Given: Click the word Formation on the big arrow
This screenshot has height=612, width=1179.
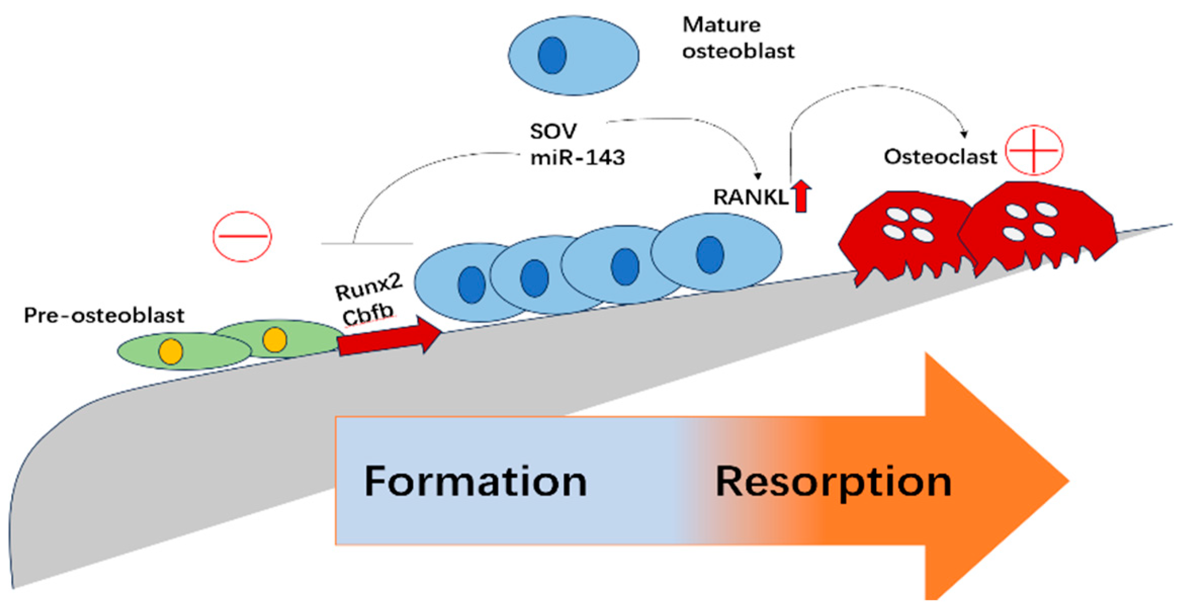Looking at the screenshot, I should [475, 482].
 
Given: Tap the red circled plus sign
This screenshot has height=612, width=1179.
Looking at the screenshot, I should [1034, 150].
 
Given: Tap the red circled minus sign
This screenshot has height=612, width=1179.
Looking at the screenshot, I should [242, 236].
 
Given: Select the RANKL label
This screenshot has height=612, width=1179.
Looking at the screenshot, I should [750, 197].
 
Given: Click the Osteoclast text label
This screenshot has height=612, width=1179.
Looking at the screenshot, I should [940, 157].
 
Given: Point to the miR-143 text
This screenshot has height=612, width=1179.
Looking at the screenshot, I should [577, 158].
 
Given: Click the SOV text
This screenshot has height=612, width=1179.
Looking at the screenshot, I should [553, 132].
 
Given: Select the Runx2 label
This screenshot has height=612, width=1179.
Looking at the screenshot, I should [368, 287].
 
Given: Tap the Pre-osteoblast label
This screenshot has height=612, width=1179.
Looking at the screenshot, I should [104, 316].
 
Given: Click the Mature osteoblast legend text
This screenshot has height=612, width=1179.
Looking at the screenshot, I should [737, 38].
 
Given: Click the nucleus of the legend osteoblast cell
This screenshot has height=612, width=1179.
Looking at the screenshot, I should [552, 55].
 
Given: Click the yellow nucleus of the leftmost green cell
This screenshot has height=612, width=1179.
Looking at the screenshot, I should [171, 351].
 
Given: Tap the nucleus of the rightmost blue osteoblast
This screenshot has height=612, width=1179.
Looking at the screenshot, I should [710, 255].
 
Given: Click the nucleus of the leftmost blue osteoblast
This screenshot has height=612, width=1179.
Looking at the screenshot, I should [471, 285].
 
